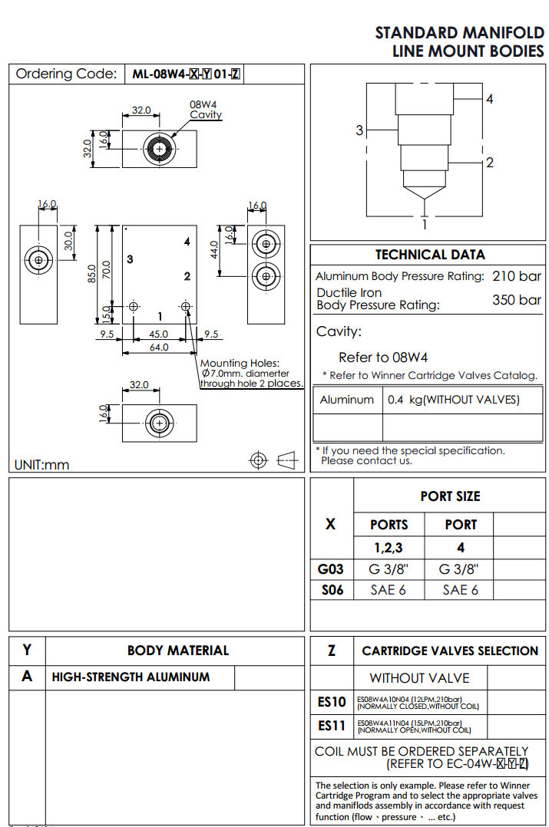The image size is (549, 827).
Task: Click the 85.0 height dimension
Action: pyautogui.click(x=91, y=272)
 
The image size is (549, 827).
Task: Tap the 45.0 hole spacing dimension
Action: pyautogui.click(x=160, y=334)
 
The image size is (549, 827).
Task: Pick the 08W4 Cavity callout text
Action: pyautogui.click(x=205, y=109)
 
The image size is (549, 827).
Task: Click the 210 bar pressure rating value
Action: pyautogui.click(x=516, y=276)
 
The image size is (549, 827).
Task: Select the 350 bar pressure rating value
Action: pyautogui.click(x=516, y=299)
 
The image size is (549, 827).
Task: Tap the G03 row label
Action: pyautogui.click(x=330, y=569)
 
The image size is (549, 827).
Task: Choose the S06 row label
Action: pyautogui.click(x=330, y=589)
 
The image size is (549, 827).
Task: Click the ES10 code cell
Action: pyautogui.click(x=332, y=701)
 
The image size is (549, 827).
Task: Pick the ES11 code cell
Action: pyautogui.click(x=332, y=725)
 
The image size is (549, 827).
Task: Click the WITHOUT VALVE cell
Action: pyautogui.click(x=419, y=678)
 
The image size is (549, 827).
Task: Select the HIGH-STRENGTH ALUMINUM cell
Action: pyautogui.click(x=131, y=677)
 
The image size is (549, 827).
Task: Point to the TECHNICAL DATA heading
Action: pyautogui.click(x=430, y=255)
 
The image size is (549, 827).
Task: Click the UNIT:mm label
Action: pyautogui.click(x=41, y=465)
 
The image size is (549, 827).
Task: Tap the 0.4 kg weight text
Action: pyautogui.click(x=453, y=400)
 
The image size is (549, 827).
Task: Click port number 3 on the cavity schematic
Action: pyautogui.click(x=359, y=130)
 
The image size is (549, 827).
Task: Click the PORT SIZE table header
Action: pyautogui.click(x=450, y=496)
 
